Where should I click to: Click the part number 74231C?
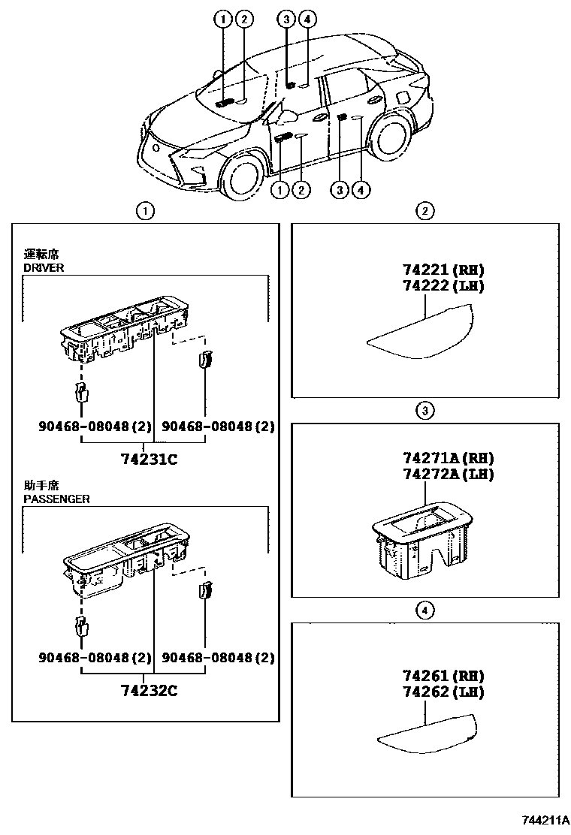pos(150,460)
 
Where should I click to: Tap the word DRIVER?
pos(44,267)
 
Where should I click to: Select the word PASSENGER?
pos(56,499)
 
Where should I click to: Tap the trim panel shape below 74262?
pos(425,733)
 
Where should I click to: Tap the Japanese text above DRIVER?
pos(41,255)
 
